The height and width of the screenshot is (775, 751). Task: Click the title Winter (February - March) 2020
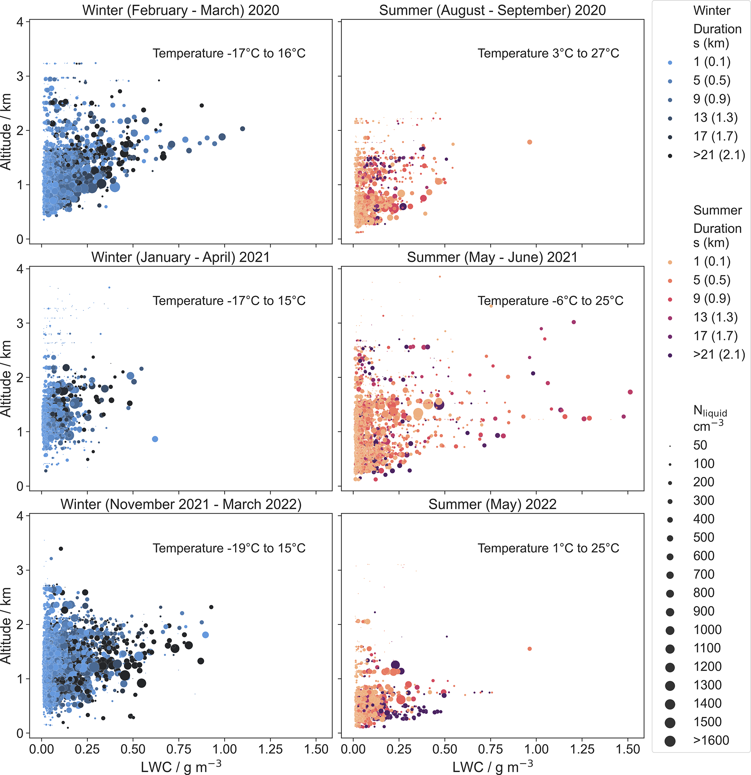tap(181, 10)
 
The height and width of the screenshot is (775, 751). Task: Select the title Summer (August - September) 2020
tap(492, 10)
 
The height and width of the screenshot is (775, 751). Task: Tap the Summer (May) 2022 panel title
tap(492, 504)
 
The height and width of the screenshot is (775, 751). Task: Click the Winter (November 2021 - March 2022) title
tap(181, 504)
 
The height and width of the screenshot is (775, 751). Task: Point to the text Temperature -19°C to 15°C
tap(229, 548)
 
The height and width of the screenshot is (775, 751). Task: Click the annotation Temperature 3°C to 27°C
tap(548, 53)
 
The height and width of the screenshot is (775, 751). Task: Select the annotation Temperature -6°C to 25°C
tap(550, 301)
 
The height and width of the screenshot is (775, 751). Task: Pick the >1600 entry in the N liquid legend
tap(711, 740)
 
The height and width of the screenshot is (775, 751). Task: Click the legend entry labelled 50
tap(700, 445)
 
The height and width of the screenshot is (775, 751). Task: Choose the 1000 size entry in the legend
tap(707, 630)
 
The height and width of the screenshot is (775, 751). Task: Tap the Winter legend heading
tap(711, 11)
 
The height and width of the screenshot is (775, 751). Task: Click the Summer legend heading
tap(718, 210)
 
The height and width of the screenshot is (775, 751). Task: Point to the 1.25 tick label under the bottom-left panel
tap(270, 749)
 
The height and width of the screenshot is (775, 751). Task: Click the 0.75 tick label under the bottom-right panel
tap(490, 749)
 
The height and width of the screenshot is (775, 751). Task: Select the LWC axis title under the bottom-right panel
tap(492, 767)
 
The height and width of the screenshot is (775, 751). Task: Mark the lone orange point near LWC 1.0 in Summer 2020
tap(530, 142)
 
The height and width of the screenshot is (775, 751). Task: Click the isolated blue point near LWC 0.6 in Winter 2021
tap(155, 439)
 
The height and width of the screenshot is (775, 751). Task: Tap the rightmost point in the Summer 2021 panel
tap(630, 392)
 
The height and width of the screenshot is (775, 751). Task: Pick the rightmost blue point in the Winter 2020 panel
tap(243, 129)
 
